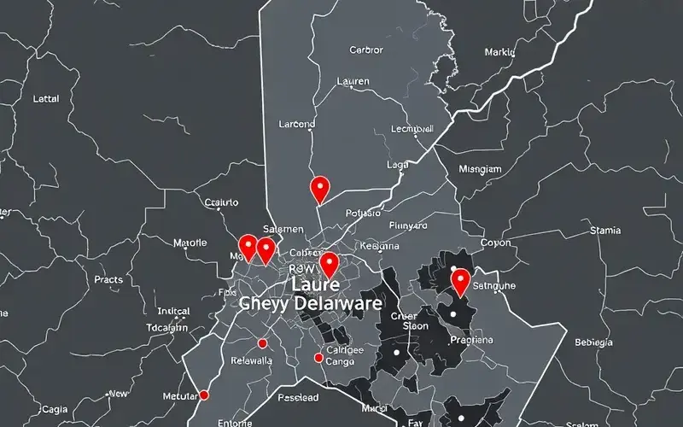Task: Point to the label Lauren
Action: [353, 82]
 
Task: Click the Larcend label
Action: [297, 124]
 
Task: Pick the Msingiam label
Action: [480, 169]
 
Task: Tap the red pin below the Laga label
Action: [319, 187]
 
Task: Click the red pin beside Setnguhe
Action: [461, 279]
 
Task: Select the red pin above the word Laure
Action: [329, 262]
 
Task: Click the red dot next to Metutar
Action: [204, 395]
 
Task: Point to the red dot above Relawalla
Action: [262, 343]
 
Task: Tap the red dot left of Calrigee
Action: [318, 359]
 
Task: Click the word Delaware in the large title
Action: [338, 303]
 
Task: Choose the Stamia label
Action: [605, 231]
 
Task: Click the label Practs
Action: [108, 279]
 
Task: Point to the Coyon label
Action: [495, 243]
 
